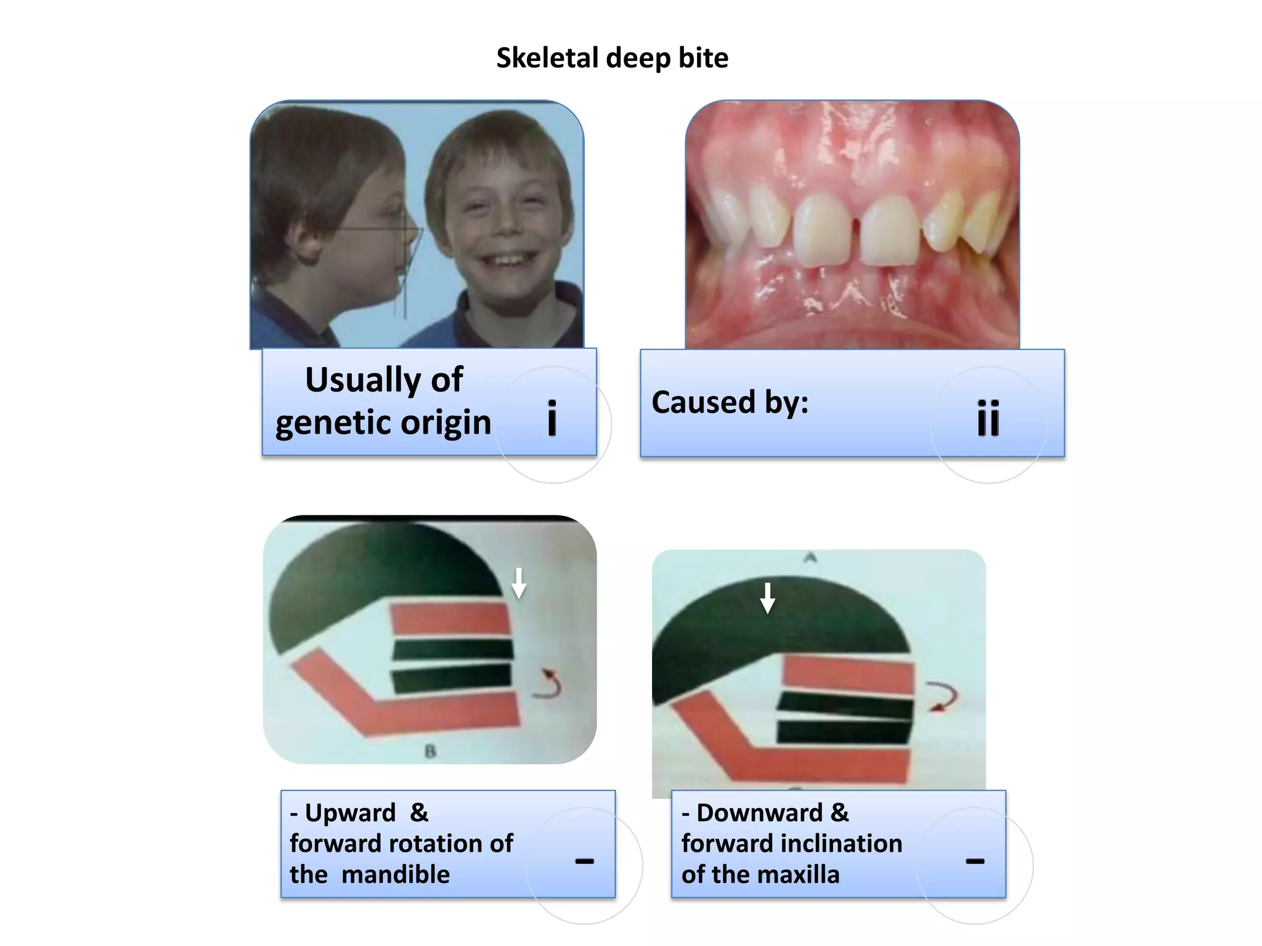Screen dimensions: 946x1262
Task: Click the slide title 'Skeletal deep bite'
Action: point(612,58)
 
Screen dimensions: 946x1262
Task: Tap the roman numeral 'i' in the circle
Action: point(552,418)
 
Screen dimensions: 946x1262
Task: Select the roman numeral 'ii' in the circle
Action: point(988,418)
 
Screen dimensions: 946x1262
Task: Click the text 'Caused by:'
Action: point(730,402)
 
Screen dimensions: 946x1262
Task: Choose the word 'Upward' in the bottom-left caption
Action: point(351,813)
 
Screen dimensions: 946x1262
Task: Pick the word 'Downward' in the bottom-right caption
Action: point(759,813)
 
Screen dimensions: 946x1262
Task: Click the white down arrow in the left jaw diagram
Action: point(519,583)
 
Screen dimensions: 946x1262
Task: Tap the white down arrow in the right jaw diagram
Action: point(767,598)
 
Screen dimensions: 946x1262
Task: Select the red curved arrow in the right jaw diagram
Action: point(943,697)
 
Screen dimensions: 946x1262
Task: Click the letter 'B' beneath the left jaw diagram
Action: point(430,751)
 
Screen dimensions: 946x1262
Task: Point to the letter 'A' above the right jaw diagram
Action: point(810,558)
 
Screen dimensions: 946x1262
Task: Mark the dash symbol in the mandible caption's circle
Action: point(584,861)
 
